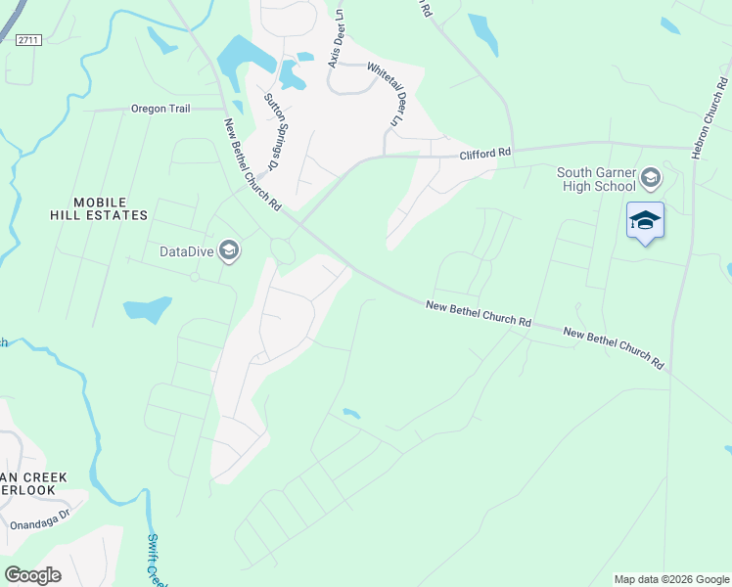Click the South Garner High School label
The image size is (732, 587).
pyautogui.click(x=597, y=180)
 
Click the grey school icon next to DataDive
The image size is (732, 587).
pyautogui.click(x=229, y=251)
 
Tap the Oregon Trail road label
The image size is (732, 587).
pyautogui.click(x=160, y=109)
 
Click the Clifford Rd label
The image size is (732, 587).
pyautogui.click(x=486, y=154)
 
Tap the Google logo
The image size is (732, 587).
pyautogui.click(x=32, y=574)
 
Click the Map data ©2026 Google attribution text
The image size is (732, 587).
pyautogui.click(x=670, y=579)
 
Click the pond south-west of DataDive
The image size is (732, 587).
pyautogui.click(x=148, y=311)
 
